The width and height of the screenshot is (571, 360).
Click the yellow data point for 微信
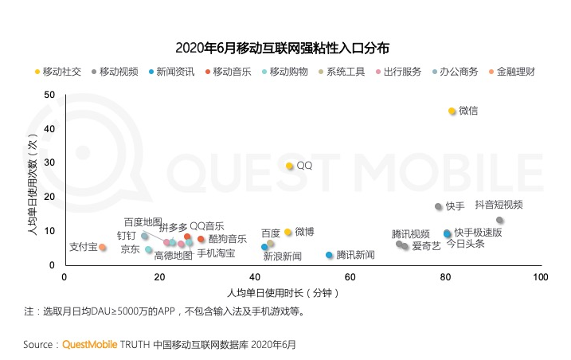point(452,111)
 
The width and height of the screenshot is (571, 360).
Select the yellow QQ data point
point(290,166)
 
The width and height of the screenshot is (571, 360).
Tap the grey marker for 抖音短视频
point(499,220)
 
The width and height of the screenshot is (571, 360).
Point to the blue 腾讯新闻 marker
point(329,255)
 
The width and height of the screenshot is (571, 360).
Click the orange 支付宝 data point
point(103,248)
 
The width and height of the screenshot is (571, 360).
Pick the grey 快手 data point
point(439,206)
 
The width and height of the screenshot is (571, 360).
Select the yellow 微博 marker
point(287,232)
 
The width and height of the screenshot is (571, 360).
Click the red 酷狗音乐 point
point(201,239)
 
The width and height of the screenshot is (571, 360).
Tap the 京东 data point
point(148,249)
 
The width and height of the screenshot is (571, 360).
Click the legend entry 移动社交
point(58,72)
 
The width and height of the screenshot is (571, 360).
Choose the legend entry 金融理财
point(512,72)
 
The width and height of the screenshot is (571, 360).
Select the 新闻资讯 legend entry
point(171,72)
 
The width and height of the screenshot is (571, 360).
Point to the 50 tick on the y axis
point(49,95)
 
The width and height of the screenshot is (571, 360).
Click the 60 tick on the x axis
point(350,277)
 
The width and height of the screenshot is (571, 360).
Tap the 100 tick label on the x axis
point(541,277)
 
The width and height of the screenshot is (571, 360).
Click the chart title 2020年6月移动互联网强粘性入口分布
point(282,48)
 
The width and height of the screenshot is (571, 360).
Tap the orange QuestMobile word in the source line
point(89,345)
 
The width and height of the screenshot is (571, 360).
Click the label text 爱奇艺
point(426,246)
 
